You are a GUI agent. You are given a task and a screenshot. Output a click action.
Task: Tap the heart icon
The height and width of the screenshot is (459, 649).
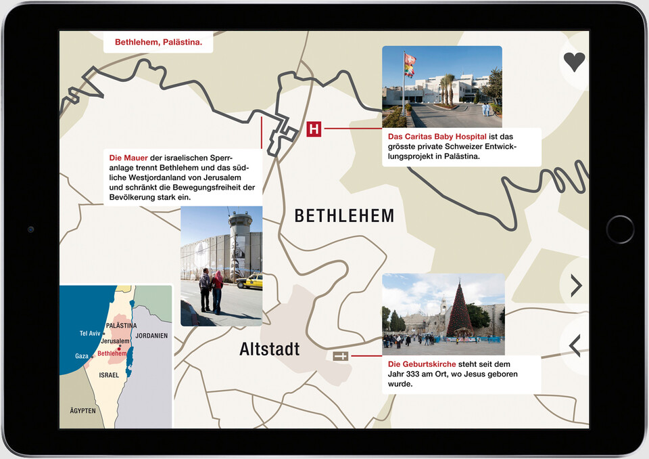574,62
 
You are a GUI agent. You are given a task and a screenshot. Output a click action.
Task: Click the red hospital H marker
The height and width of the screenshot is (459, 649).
314,129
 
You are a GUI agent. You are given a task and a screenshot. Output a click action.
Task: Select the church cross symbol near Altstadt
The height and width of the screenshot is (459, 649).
341,356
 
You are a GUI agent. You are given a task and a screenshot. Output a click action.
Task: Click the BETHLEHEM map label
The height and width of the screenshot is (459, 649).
344,216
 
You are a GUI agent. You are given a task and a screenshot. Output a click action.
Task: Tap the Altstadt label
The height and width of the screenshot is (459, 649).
269,349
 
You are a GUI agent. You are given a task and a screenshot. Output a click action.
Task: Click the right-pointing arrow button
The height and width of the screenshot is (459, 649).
575,286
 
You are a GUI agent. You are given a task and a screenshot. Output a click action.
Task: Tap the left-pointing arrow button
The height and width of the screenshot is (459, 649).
575,345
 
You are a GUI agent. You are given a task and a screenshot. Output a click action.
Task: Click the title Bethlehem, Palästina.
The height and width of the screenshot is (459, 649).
158,42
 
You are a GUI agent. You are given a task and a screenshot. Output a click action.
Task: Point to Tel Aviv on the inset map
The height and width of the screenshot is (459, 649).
90,333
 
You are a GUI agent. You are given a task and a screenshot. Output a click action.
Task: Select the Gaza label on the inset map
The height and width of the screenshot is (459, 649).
82,356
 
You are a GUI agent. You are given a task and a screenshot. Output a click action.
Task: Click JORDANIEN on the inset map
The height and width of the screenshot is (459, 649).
151,336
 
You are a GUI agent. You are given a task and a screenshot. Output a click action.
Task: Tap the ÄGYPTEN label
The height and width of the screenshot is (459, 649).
82,411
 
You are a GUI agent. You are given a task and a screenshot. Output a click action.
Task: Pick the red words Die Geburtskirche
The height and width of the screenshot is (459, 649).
417,364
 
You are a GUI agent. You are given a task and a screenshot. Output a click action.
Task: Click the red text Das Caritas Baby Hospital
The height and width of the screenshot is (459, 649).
437,136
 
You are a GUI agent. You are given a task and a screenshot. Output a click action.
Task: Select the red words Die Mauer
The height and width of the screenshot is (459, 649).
128,158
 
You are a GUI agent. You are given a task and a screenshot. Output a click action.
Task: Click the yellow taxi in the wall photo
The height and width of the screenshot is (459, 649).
249,281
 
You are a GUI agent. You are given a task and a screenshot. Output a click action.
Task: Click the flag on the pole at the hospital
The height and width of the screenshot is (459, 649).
409,64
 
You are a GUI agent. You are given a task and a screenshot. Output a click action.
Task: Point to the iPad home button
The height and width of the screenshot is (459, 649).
620,230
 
